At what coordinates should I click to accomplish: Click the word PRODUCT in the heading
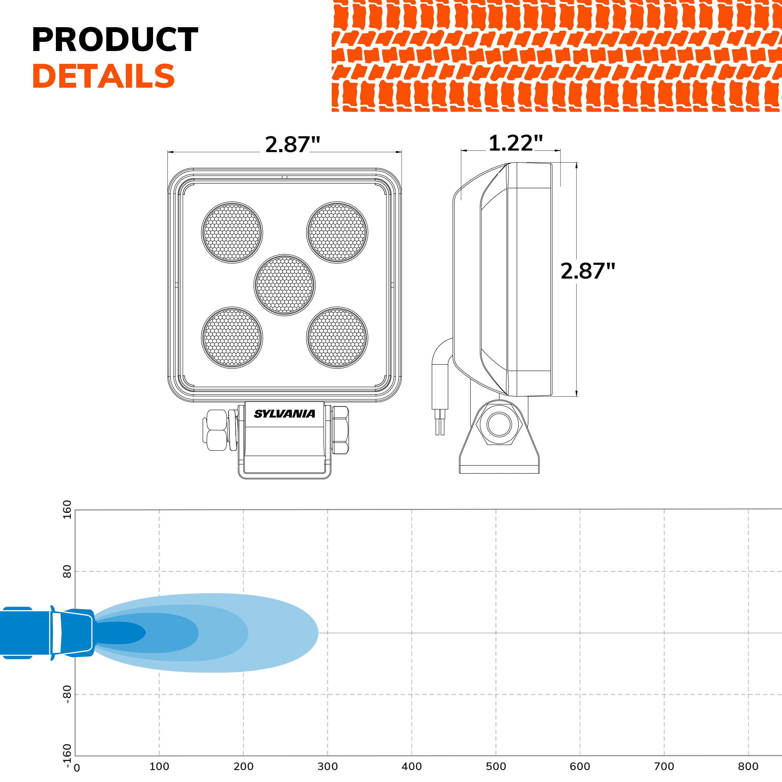click(115, 40)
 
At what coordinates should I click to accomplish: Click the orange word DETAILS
click(104, 76)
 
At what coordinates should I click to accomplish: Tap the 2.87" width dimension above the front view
click(292, 144)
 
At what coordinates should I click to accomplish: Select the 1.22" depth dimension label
click(515, 143)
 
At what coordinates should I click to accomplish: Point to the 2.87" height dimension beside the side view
click(588, 271)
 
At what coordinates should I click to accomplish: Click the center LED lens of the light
click(285, 285)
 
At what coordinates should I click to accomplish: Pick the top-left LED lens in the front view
click(232, 232)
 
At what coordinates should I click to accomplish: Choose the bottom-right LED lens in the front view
click(337, 338)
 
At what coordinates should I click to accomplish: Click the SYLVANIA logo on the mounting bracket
click(285, 414)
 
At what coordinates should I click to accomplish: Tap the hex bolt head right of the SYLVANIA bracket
click(340, 430)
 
